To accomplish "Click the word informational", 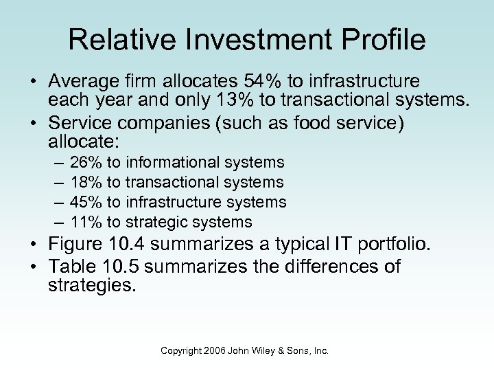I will [x=172, y=163].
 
